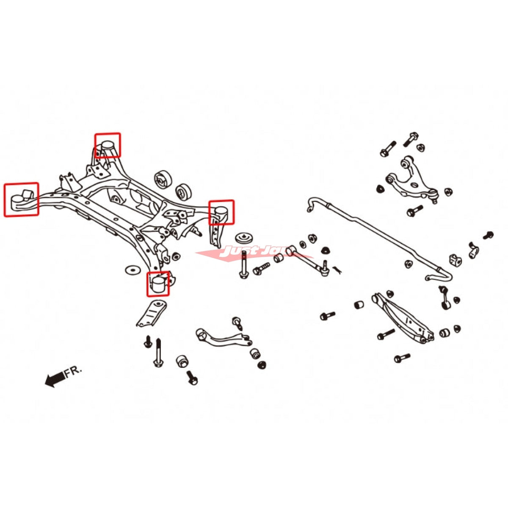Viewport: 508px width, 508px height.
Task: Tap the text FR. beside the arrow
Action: click(x=72, y=373)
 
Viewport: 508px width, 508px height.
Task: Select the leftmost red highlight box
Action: click(x=21, y=199)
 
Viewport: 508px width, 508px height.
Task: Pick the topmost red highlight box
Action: click(x=108, y=145)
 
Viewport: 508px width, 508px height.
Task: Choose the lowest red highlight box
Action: click(x=158, y=284)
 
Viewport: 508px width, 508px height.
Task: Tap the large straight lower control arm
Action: click(x=402, y=317)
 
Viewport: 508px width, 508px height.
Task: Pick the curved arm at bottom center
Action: click(x=222, y=337)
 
